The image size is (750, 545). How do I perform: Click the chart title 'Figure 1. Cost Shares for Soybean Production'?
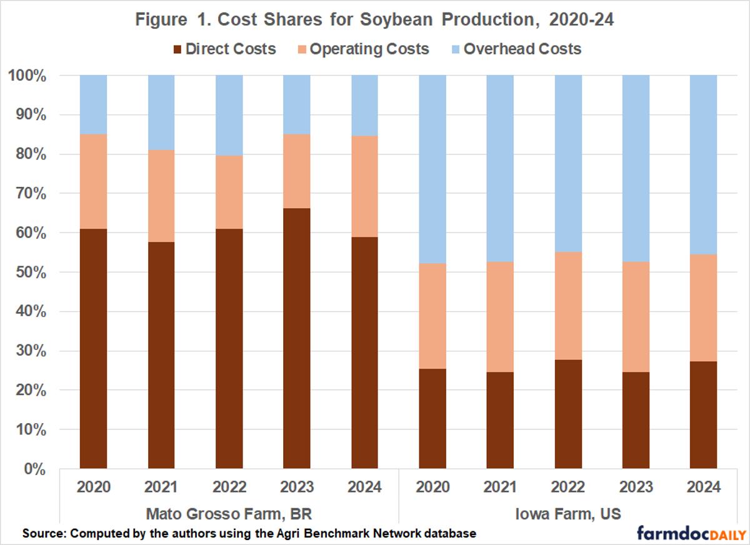pos(374,19)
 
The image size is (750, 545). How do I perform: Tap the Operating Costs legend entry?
pos(369,49)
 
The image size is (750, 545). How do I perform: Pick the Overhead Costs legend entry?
pos(522,49)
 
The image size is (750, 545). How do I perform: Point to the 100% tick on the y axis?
pos(28,76)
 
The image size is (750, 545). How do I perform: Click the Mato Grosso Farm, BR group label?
pos(229,514)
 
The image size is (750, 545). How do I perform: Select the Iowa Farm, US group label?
pos(568,514)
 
